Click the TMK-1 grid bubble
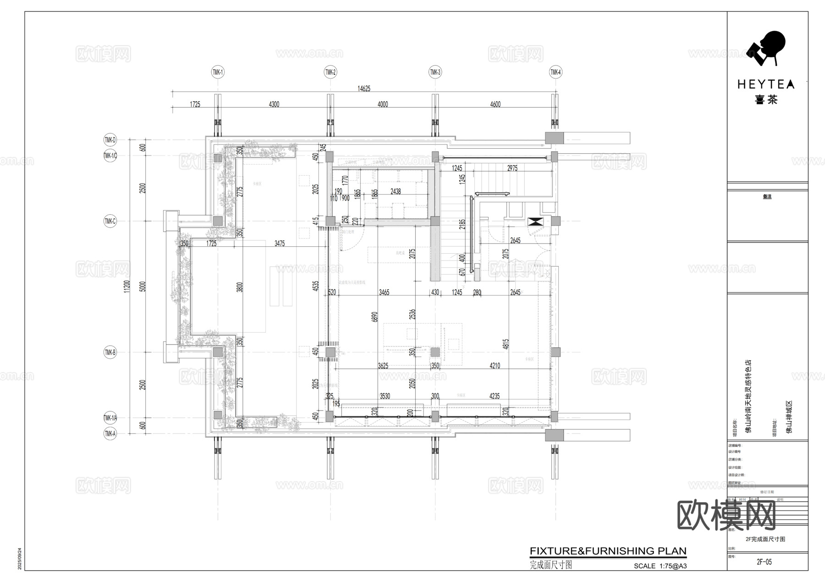(x=217, y=72)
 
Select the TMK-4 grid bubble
(x=555, y=72)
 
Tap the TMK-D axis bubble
(x=110, y=140)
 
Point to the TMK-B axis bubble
(x=110, y=352)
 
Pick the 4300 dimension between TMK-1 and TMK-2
(x=274, y=105)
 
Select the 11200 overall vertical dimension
(x=127, y=287)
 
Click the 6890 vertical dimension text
(x=375, y=317)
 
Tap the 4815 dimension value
(x=506, y=344)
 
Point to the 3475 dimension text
(x=280, y=244)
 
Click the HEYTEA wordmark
(x=765, y=84)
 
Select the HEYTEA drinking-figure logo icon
(x=765, y=48)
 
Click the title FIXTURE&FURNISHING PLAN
(x=608, y=551)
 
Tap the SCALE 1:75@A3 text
(x=660, y=566)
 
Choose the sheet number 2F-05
(x=764, y=562)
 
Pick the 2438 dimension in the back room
(x=396, y=191)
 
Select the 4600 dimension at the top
(x=495, y=105)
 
